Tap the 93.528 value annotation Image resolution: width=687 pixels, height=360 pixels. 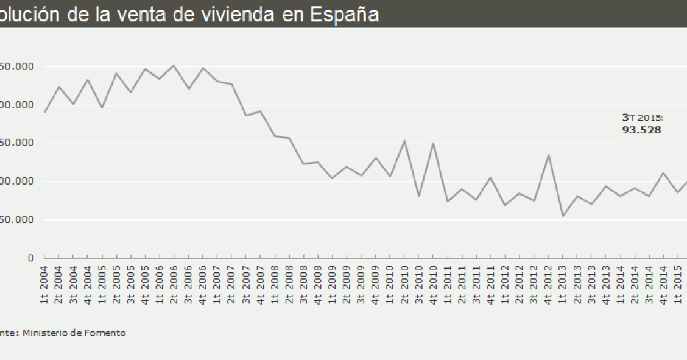click(x=641, y=130)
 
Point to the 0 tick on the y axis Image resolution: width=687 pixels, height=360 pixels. click(x=30, y=258)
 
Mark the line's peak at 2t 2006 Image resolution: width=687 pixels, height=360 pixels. click(x=174, y=65)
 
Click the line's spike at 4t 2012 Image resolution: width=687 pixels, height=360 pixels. click(x=549, y=155)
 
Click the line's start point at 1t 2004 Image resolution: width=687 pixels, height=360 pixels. click(x=44, y=112)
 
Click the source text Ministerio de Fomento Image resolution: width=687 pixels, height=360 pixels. click(x=74, y=333)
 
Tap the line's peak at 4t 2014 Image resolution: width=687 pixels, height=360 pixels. click(x=664, y=173)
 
